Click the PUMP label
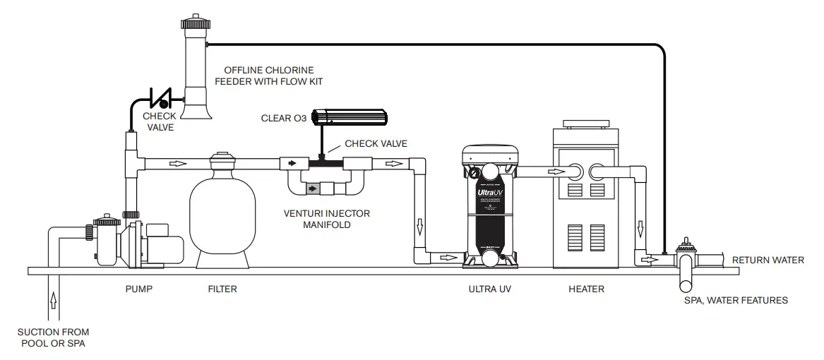[138, 289]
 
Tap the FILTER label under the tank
[222, 289]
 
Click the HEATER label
[586, 289]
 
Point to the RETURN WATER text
[768, 260]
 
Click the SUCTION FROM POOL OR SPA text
[54, 337]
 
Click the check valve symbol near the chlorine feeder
[162, 98]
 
